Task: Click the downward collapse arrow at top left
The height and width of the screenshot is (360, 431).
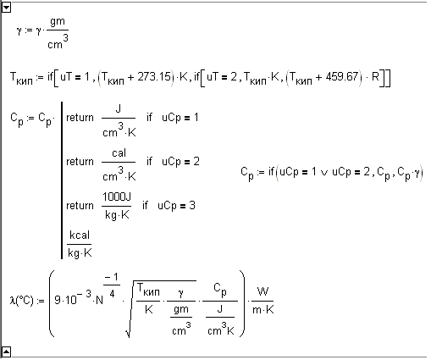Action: click(6, 8)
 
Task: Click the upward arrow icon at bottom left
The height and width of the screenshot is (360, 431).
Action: click(6, 352)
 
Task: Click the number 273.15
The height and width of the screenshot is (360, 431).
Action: click(154, 77)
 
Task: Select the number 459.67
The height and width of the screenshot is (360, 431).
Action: click(342, 77)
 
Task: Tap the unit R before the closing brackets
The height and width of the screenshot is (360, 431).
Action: click(375, 77)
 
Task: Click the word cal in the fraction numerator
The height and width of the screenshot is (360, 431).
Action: click(119, 153)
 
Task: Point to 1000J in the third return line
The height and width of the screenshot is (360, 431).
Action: click(117, 197)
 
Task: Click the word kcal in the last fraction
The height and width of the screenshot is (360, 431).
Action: click(80, 235)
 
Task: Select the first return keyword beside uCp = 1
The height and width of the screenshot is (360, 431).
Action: click(80, 118)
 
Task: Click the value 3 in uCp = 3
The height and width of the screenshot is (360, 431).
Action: click(192, 205)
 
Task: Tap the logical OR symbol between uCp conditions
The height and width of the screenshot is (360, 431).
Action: click(324, 172)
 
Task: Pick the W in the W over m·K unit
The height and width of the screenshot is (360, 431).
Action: click(262, 291)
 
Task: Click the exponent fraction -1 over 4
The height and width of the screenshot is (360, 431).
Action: click(112, 285)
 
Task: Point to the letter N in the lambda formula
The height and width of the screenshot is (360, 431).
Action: click(99, 300)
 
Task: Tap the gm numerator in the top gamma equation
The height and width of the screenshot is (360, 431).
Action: click(58, 22)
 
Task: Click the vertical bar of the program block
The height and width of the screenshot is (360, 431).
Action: click(62, 180)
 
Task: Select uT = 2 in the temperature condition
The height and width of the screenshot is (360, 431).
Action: click(222, 77)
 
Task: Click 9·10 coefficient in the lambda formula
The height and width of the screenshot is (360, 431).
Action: click(65, 300)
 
